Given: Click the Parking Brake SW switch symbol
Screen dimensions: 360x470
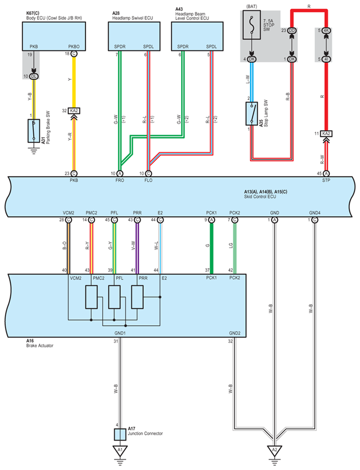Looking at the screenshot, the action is point(34,131).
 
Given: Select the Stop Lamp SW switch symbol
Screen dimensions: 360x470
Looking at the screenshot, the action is point(252,114).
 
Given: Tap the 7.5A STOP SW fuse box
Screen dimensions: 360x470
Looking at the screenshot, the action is point(252,25).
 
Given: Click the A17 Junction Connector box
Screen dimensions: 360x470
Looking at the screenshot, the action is point(120,434).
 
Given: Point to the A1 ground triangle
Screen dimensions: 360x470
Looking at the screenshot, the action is point(120,450).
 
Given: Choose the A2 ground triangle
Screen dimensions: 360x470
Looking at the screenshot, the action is point(275,450).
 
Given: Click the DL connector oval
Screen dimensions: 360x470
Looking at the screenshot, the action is point(34,76).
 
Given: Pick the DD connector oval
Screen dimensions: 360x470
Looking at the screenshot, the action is point(292,31).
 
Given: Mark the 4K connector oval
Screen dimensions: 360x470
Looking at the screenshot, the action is point(326,31).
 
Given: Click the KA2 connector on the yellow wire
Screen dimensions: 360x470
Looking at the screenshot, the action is point(74,111).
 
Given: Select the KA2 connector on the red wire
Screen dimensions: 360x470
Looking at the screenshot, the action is point(326,133).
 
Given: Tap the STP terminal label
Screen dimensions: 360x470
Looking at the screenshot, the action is point(326,180).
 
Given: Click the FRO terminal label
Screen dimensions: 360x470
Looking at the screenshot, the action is point(120,180).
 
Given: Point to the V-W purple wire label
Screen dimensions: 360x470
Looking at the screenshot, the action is point(133,246).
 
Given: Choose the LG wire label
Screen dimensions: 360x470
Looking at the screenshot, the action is point(231,246).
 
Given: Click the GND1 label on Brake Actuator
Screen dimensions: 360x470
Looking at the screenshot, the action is point(120,333).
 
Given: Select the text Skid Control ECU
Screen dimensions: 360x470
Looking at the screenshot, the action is point(260,197).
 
